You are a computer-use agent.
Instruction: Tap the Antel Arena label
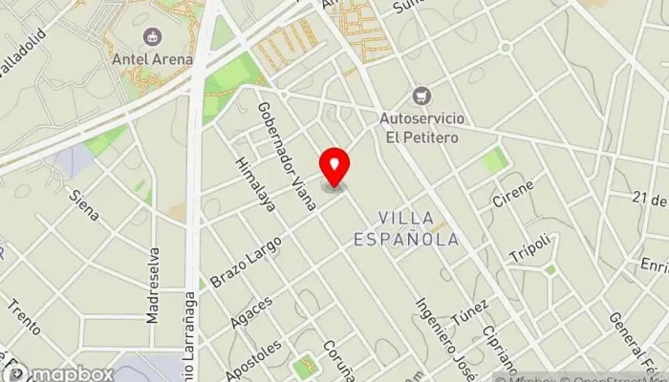151,59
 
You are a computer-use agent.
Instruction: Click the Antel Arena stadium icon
151,37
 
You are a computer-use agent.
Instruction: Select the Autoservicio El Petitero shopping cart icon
420,95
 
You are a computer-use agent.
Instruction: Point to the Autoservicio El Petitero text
420,128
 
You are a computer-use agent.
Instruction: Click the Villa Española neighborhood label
419,228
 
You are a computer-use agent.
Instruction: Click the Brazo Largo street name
247,259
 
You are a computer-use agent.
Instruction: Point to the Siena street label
84,204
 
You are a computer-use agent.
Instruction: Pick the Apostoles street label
261,358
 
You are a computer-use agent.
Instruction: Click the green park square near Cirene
495,159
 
